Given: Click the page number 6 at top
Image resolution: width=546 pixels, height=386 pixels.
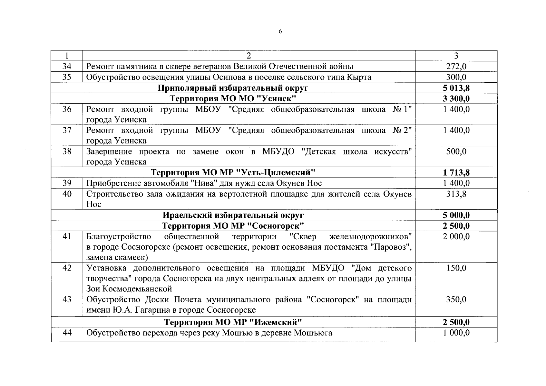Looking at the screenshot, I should point(280,31).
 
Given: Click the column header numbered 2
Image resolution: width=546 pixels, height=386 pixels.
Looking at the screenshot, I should point(249,56).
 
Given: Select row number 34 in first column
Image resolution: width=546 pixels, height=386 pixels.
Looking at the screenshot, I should point(67,66).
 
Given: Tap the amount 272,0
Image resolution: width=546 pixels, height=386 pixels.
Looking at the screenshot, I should point(456,66).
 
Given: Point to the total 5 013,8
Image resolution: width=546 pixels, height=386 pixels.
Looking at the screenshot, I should point(456,88).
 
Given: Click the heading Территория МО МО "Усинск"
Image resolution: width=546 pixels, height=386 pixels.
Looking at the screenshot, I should point(233,98).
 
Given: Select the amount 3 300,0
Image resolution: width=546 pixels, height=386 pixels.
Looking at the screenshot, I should point(456,98).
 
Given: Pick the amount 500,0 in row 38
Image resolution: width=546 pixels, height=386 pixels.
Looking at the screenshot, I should point(456,151).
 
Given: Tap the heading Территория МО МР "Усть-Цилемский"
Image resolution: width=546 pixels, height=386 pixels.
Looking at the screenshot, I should point(233,172).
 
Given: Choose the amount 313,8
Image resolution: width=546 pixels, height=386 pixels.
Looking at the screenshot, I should point(456,194).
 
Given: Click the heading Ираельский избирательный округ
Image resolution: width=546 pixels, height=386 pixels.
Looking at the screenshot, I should point(233,215).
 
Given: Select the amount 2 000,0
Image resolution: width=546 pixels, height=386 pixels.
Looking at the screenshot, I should point(456,236).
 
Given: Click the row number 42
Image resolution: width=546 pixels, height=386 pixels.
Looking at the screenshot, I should point(67,268).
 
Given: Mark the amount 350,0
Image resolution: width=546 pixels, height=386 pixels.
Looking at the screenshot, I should point(456,299).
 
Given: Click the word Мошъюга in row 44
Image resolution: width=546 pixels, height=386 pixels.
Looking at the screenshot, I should point(313,333).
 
